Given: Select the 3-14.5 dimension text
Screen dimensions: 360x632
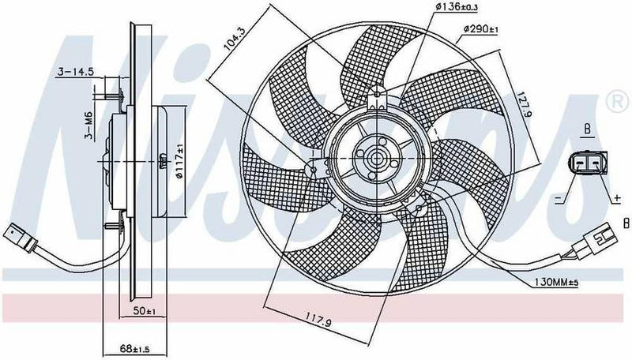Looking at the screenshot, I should pyautogui.click(x=76, y=73).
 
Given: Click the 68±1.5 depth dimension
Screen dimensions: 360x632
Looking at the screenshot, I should pyautogui.click(x=139, y=345).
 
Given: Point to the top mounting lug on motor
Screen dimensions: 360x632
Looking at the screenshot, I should pyautogui.click(x=377, y=99).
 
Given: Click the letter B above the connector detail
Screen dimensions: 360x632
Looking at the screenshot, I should pyautogui.click(x=587, y=127).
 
